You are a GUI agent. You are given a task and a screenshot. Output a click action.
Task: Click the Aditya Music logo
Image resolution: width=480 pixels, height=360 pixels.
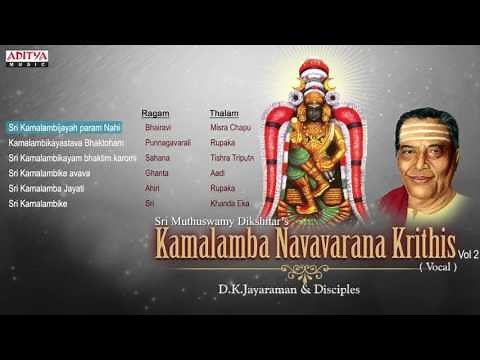(27, 58)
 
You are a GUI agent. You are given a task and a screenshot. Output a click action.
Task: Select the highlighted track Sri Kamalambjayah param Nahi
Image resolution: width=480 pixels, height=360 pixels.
(63, 128)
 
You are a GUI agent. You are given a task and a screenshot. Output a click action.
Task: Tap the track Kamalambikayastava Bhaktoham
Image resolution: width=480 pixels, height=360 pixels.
(62, 143)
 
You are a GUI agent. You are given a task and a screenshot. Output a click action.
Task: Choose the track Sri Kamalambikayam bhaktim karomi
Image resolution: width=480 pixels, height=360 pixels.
(71, 158)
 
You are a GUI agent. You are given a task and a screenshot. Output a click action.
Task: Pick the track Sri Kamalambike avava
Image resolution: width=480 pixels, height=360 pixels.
(50, 173)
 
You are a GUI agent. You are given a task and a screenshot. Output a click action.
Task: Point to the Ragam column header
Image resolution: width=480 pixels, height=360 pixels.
(155, 113)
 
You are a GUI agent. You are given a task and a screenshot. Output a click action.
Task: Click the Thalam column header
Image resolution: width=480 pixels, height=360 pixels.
(224, 113)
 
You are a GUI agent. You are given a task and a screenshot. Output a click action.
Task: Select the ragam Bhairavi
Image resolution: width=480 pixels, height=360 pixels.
(158, 128)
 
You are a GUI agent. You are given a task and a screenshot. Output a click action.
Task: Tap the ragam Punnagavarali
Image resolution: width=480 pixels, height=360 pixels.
(166, 143)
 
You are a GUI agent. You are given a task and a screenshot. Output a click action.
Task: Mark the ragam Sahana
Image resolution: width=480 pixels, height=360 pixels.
(156, 158)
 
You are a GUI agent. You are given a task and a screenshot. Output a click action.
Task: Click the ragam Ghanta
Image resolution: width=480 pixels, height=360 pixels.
(155, 173)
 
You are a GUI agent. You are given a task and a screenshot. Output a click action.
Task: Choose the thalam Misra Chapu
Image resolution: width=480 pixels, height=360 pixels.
(228, 128)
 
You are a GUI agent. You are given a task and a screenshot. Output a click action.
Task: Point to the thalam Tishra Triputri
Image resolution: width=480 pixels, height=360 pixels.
(232, 158)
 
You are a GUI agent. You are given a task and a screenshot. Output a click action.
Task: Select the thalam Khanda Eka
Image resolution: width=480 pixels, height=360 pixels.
(227, 203)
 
